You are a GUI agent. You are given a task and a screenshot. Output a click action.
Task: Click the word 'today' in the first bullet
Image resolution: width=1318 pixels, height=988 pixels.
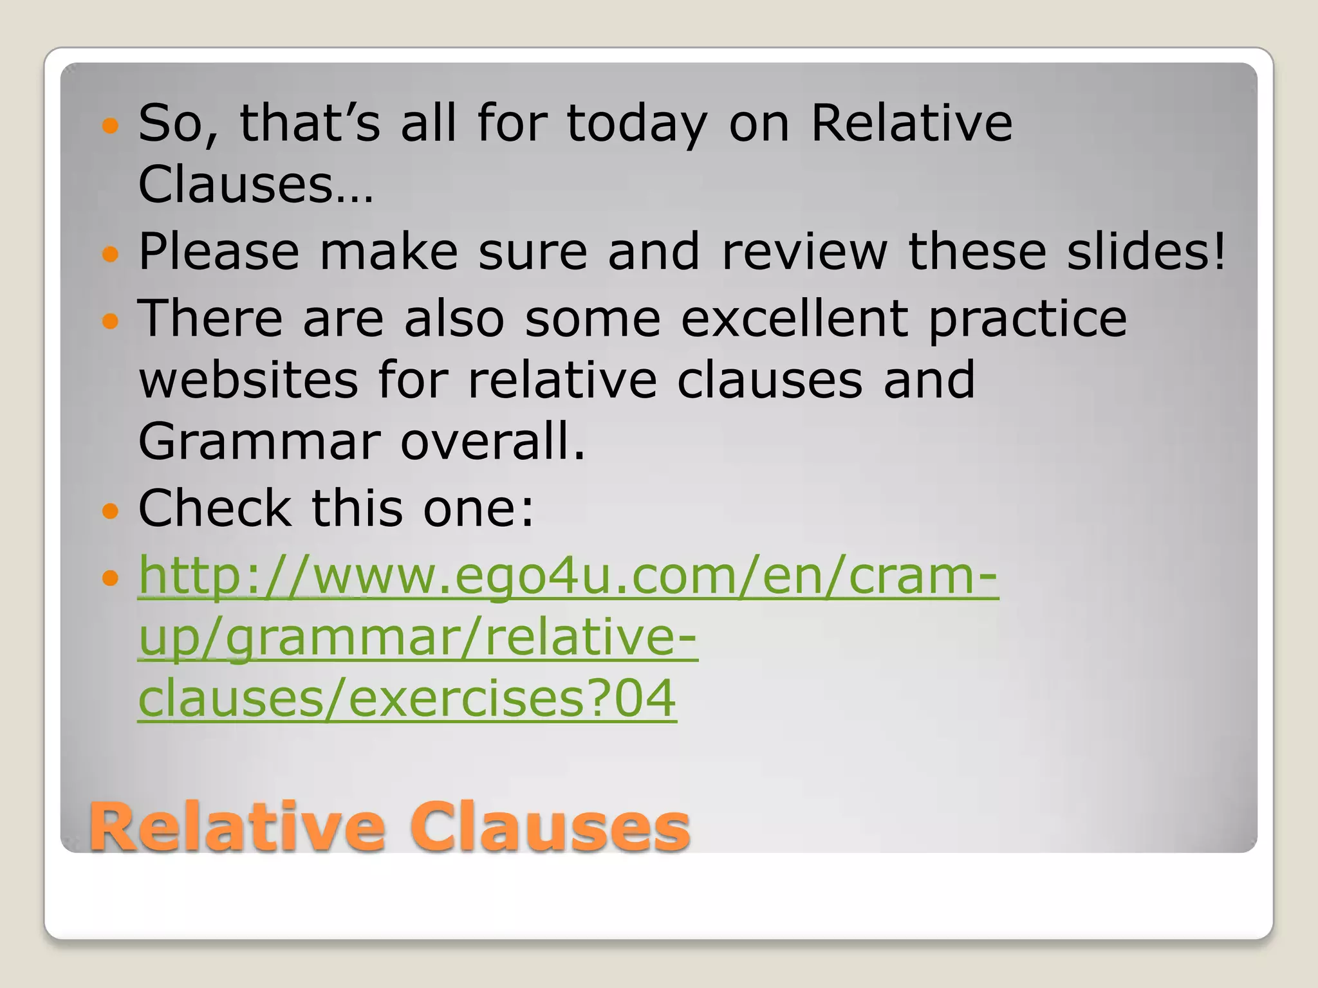click(x=636, y=123)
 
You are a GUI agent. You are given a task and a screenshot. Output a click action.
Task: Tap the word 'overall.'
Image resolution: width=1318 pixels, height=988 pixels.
click(x=492, y=442)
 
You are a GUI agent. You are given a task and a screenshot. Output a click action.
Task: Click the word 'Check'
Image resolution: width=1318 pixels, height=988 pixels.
click(x=214, y=508)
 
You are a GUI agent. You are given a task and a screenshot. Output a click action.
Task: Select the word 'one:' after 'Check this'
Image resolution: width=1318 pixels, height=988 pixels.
click(x=478, y=508)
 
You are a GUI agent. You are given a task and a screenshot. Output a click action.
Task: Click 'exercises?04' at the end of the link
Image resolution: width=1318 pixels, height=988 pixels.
click(x=512, y=699)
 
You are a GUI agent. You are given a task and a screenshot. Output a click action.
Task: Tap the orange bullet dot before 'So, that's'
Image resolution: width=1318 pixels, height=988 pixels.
click(x=111, y=125)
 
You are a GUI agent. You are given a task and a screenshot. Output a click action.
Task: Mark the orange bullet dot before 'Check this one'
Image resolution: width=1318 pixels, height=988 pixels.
click(x=111, y=511)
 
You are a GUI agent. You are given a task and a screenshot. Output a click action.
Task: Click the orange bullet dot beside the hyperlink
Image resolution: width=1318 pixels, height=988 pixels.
click(x=111, y=578)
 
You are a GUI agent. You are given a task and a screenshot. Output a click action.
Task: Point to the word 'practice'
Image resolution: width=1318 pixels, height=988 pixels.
click(x=1027, y=319)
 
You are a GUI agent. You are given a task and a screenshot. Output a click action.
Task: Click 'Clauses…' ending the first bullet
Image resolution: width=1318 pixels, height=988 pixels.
click(x=255, y=185)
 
